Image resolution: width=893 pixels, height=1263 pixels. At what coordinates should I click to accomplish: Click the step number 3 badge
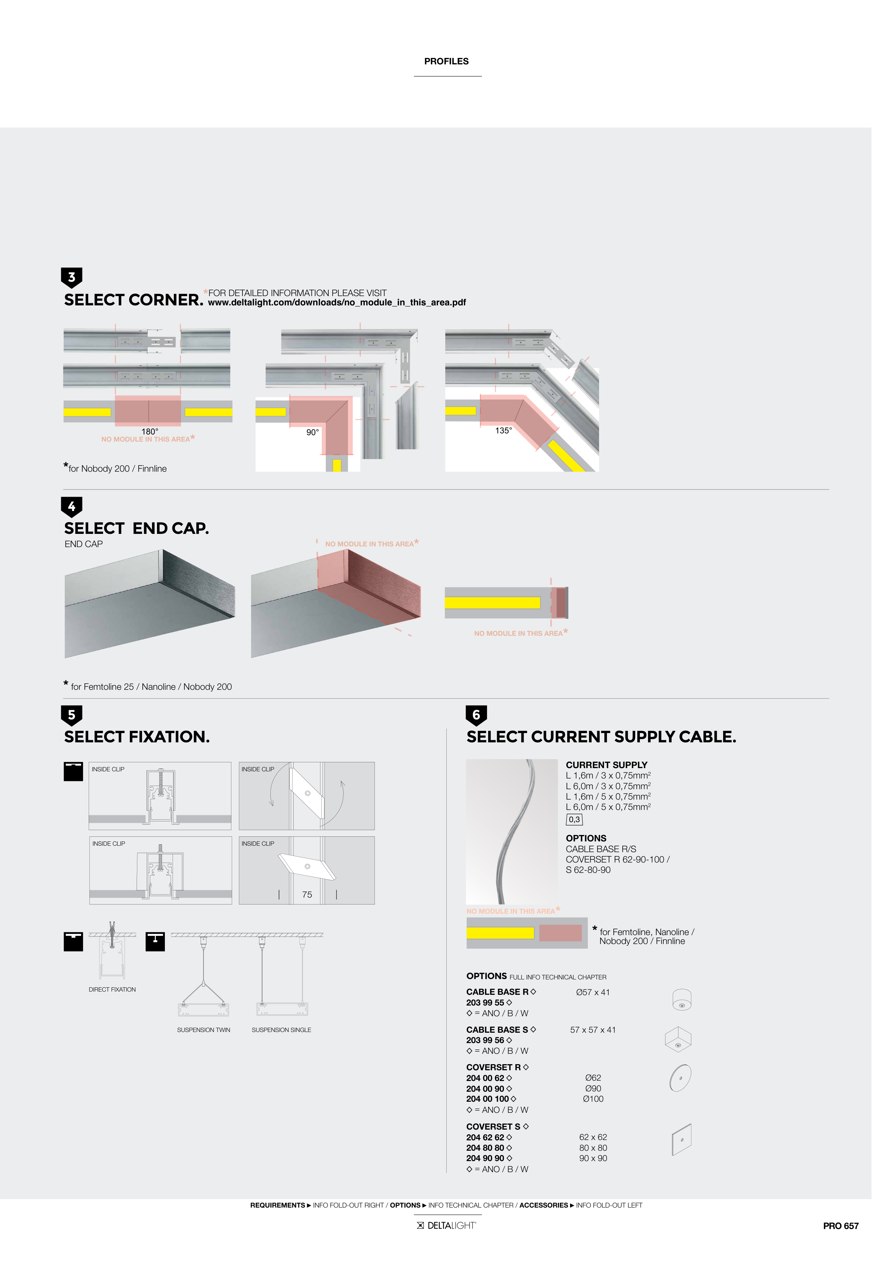coord(72,277)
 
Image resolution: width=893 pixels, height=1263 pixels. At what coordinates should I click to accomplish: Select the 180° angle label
coord(149,431)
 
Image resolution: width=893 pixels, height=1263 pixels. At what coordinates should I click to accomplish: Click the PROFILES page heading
coord(446,61)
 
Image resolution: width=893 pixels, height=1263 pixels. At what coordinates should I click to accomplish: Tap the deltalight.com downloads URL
coord(337,303)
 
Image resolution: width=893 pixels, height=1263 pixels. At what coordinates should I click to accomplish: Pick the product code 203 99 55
coord(485,1002)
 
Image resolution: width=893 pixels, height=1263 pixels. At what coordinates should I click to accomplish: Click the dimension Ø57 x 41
coord(593,992)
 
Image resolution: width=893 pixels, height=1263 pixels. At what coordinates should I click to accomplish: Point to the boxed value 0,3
coord(574,820)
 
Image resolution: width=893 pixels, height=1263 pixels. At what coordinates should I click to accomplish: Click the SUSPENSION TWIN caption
coord(203,1030)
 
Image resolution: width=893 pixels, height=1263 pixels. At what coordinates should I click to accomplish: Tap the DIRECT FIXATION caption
coord(112,989)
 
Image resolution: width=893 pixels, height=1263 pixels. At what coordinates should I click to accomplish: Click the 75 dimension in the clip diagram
coord(307,895)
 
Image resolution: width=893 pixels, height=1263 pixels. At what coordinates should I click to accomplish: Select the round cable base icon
coord(682,999)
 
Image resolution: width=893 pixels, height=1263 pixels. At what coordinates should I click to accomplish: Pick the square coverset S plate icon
coord(681,1139)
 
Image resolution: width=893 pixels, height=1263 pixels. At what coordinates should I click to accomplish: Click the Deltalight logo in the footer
coord(446,1225)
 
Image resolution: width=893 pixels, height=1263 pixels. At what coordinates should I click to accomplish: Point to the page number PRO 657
coord(840,1225)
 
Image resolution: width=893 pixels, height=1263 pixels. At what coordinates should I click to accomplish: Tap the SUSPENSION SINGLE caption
coord(281,1030)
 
